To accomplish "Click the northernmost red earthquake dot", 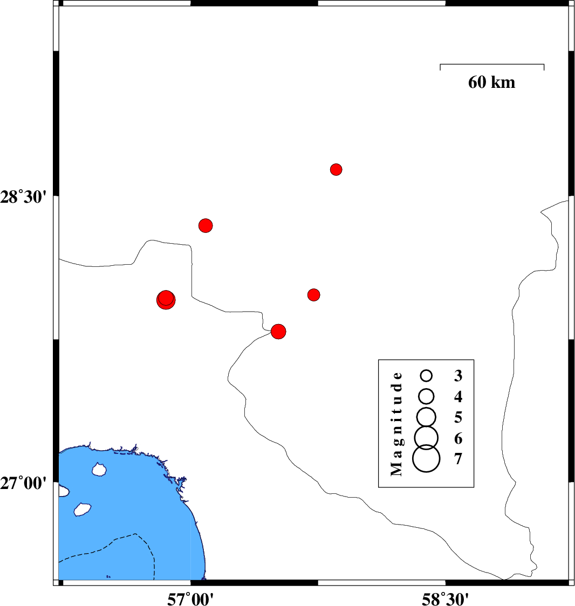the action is coord(336,169).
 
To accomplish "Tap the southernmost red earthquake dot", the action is coord(278,331).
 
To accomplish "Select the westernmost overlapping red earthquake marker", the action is coord(166,300).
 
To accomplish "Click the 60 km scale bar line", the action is coord(492,65).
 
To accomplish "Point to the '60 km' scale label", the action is coord(491,82).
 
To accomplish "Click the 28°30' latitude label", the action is coord(23,197).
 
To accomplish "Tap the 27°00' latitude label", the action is coord(23,483).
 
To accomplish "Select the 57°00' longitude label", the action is coord(190,599).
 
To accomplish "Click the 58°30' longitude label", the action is coord(445,599).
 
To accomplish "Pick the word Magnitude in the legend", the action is coord(397,424).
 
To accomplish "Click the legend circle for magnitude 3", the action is coord(426,375).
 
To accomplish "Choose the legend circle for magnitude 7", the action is coord(426,458).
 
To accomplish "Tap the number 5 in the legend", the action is coord(458,417).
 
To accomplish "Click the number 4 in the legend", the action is coord(458,396).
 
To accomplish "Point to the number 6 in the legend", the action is coord(458,438).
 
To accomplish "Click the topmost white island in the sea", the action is coord(99,469).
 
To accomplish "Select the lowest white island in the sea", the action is coord(82,509).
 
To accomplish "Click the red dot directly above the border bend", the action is coord(206,225).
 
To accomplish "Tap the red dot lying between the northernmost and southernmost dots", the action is coord(313,295).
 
